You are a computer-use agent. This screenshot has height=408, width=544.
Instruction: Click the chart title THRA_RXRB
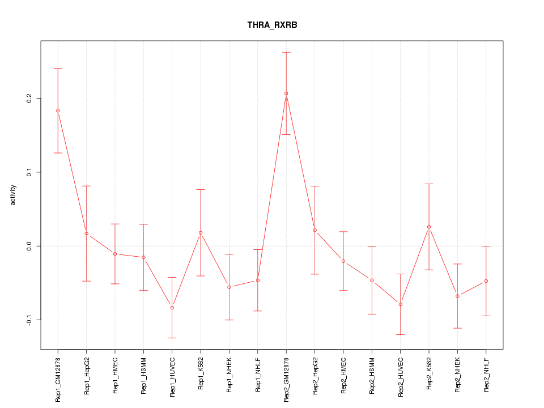pos(272,25)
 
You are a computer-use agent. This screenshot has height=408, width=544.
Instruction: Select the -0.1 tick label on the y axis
pos(28,320)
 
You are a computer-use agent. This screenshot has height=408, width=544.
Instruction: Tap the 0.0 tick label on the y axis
pos(28,246)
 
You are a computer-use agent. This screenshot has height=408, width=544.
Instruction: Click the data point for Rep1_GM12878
pos(58,110)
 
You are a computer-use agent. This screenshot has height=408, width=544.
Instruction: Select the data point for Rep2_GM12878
pos(286,93)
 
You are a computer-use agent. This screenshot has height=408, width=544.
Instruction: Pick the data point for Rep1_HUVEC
pos(172,307)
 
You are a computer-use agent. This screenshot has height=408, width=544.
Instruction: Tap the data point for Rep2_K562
pos(429,227)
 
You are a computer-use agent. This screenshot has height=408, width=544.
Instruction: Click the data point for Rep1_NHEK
pos(229,287)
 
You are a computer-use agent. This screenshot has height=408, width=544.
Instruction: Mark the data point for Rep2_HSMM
pos(372,280)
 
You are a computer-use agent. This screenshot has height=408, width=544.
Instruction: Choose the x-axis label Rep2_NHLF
pos(486,376)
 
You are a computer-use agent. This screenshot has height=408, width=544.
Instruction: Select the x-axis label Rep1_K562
pos(201,375)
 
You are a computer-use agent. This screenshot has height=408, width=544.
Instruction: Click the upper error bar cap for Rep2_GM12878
pos(286,52)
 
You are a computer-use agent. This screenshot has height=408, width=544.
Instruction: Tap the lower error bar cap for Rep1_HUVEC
pos(172,338)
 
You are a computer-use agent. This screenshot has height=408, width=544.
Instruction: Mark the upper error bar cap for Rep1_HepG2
pos(86,186)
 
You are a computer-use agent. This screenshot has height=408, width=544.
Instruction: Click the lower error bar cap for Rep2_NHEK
pos(457,328)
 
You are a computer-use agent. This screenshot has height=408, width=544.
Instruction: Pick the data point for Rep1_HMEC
pos(115,254)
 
